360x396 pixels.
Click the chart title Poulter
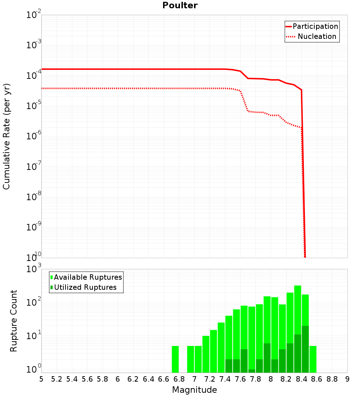point(180,5)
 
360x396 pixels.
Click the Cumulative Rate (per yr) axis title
point(6,136)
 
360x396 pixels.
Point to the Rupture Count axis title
point(14,321)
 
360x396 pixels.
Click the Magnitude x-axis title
point(194,390)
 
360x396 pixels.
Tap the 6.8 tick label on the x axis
point(179,379)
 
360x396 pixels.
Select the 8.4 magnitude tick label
point(301,379)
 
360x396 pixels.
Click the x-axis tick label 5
point(41,379)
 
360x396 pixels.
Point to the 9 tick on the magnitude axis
point(347,379)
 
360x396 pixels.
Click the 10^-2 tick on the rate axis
point(34,15)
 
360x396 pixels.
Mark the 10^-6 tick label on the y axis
point(34,136)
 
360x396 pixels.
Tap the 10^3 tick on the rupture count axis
point(34,269)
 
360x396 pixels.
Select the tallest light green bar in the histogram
point(298,310)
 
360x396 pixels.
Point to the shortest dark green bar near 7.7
point(252,371)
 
